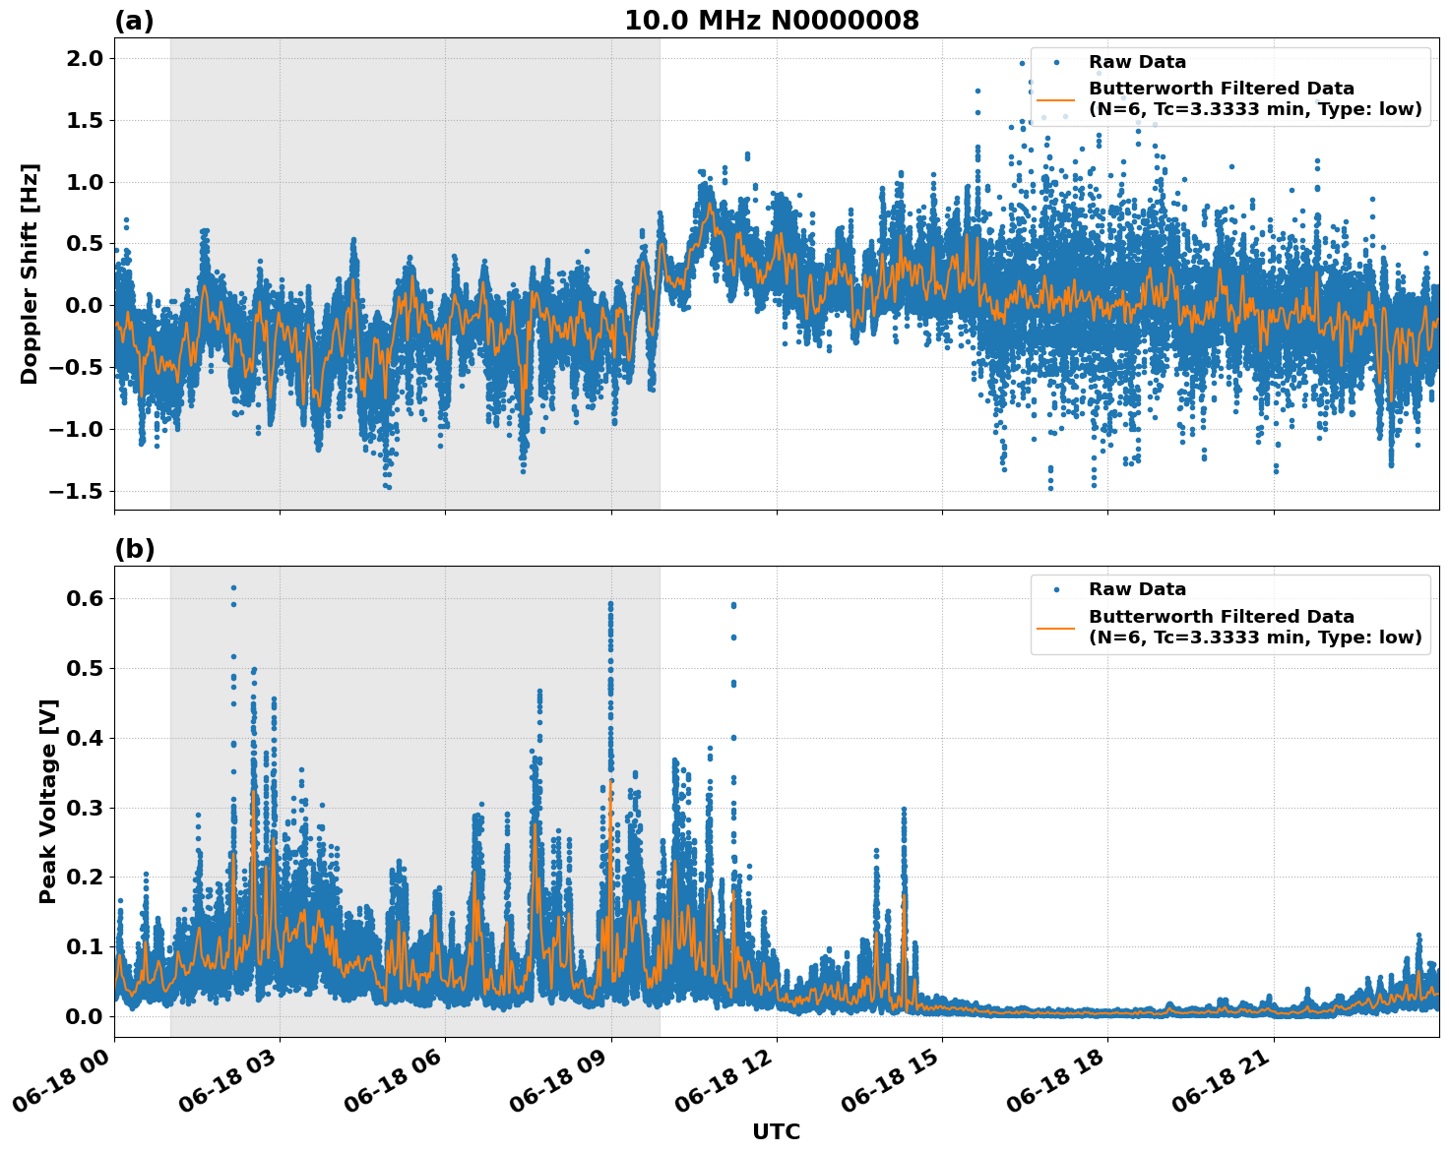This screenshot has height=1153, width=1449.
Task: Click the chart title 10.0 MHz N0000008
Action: coord(771,21)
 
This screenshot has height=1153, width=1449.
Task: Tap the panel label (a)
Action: coord(134,21)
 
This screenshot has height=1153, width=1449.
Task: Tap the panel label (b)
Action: coord(134,549)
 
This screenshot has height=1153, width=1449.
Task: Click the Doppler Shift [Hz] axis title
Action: coord(30,273)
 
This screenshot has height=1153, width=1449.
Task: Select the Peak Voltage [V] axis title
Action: coord(48,801)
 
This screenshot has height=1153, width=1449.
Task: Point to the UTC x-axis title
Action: coord(776,1131)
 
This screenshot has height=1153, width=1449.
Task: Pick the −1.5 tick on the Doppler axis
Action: coord(76,491)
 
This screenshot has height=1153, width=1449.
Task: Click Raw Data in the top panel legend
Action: coord(1137,62)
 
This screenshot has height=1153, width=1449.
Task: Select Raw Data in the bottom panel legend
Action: coord(1137,589)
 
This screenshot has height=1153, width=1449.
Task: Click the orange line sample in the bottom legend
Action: coord(1055,627)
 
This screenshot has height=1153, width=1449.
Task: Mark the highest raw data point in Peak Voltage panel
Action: coord(233,587)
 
